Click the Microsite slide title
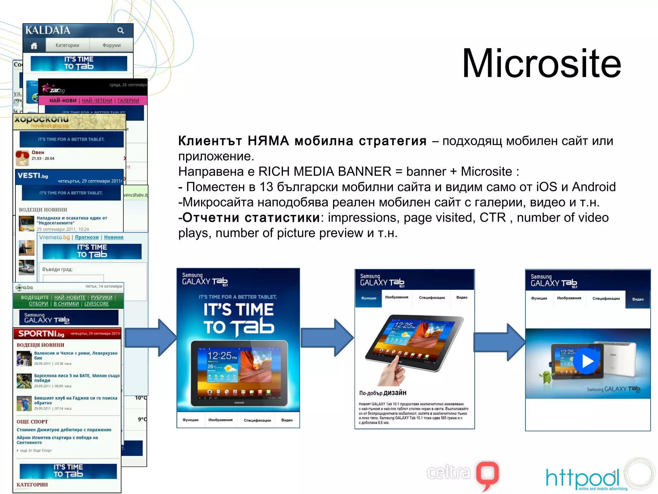[541, 63]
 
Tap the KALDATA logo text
[48, 30]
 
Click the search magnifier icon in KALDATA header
[120, 30]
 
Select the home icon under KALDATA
[34, 46]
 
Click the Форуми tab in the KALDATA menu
[111, 45]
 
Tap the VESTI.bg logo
[32, 176]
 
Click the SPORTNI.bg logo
[41, 334]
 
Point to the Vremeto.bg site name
[54, 237]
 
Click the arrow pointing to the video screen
[500, 342]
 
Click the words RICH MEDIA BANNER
[325, 171]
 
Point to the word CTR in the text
[493, 218]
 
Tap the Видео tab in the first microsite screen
[287, 420]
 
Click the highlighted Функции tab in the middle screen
[369, 298]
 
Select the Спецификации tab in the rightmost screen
[606, 299]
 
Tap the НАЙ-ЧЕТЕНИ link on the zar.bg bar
[97, 101]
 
